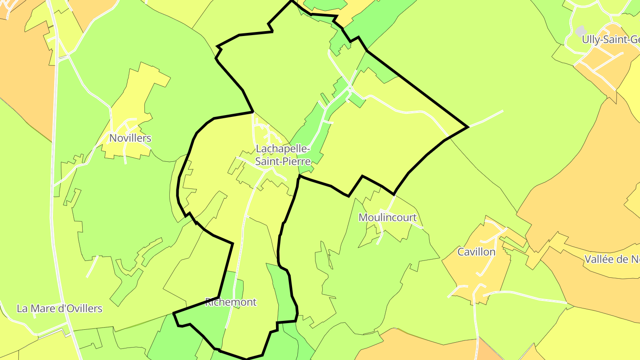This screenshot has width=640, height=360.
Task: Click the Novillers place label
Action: [130, 138]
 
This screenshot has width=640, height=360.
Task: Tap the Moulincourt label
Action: [388, 218]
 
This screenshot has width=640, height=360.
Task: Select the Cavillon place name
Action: [476, 252]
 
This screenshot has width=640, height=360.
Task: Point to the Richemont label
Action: [231, 303]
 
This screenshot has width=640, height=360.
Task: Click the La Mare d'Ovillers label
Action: [60, 308]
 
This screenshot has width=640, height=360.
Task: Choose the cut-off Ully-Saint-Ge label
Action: [611, 40]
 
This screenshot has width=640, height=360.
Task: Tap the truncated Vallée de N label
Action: [612, 260]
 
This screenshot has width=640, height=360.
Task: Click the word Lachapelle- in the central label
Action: [283, 148]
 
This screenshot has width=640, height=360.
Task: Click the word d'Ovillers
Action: [80, 308]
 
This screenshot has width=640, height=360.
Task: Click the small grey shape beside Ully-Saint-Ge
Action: [580, 31]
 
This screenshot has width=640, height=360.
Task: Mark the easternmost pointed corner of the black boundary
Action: [468, 127]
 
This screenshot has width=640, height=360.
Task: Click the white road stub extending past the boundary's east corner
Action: [487, 118]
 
